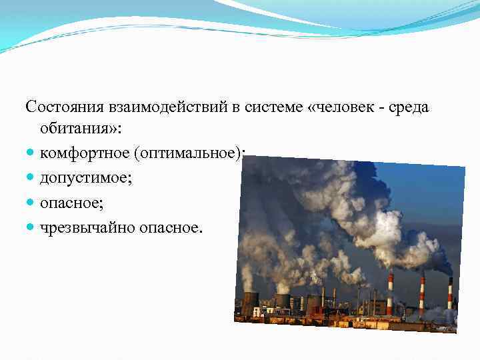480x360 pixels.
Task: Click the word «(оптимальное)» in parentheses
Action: point(189,154)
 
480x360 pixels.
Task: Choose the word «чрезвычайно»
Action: point(87,227)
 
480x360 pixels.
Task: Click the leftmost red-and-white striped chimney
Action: point(390,293)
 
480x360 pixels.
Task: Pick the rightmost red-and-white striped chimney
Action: point(450,293)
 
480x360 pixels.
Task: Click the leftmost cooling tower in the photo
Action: point(249,303)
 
